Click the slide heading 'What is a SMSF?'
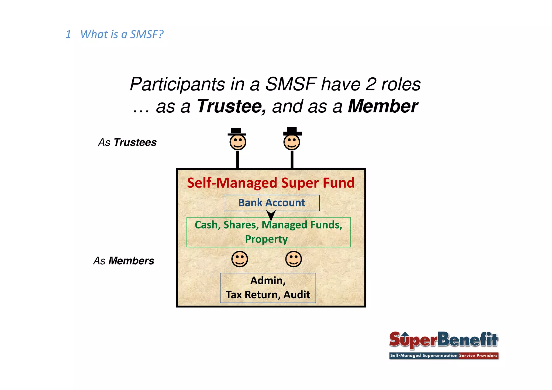pos(122,34)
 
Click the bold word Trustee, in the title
pos(232,106)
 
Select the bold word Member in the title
pos(383,106)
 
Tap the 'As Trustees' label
pos(127,142)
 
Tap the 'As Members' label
pos(124,261)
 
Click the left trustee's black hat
pos(236,131)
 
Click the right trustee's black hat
pos(292,131)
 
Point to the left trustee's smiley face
pos(238,142)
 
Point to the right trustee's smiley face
pos(292,142)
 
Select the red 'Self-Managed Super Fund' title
pos(271,183)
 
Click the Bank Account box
pos(271,203)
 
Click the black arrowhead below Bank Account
pos(271,215)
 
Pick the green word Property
pos(266,239)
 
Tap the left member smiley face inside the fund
pos(240,259)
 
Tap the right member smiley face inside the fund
pos(294,259)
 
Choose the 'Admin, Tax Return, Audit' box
pos(268,288)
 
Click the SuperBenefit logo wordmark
pos(443,340)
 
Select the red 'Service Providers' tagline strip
pos(478,356)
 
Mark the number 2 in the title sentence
pos(371,84)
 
